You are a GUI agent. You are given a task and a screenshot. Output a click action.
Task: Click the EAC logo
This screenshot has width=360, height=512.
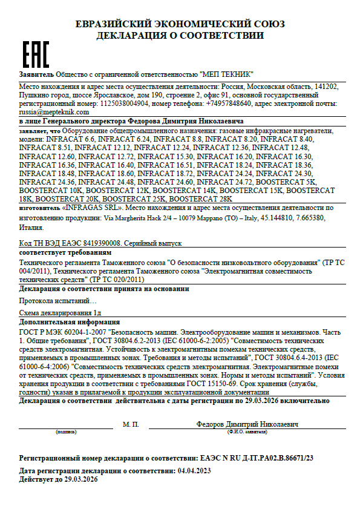coord(35,54)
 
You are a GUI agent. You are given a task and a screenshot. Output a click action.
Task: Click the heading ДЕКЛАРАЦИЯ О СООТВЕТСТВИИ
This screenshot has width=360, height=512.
coord(180,36)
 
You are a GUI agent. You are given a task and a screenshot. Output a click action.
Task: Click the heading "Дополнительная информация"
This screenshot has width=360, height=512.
coord(70,323)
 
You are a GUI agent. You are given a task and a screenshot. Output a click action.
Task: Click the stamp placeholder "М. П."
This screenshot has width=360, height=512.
coord(131,424)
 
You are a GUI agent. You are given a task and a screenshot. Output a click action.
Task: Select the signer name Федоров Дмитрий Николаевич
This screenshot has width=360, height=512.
coord(247,424)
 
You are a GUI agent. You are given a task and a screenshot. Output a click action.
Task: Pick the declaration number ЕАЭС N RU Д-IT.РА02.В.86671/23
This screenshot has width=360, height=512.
coord(263,460)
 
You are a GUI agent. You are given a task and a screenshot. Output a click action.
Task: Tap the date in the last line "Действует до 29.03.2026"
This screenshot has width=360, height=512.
coord(78,479)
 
